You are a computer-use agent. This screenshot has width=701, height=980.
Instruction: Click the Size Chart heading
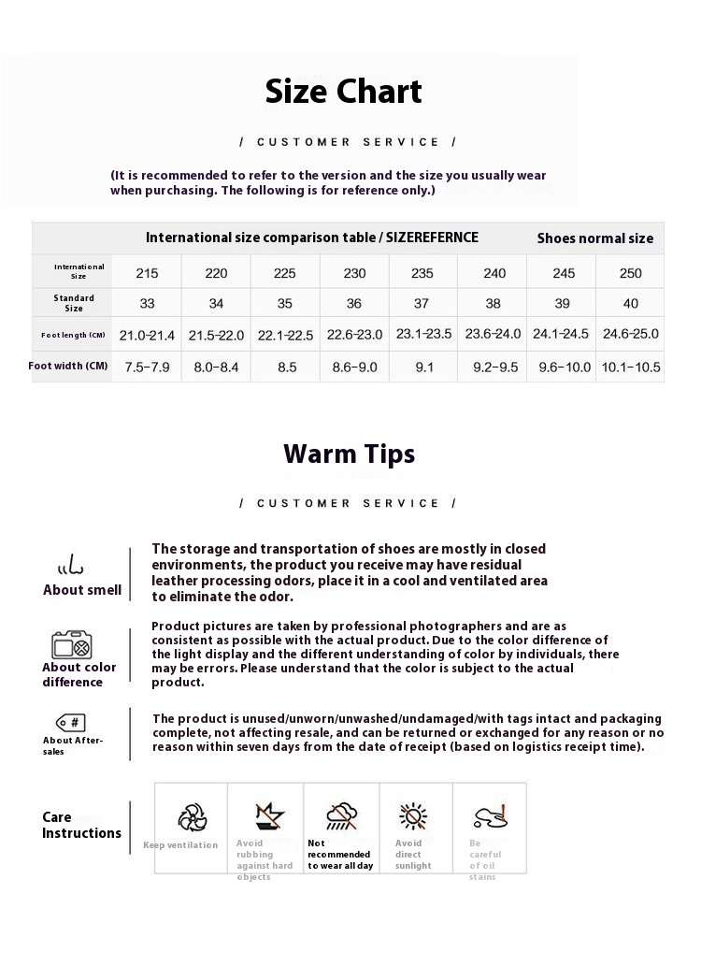tap(344, 92)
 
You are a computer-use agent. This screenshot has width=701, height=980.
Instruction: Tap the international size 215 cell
tap(147, 273)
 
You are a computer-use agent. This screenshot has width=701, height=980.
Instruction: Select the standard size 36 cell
tap(354, 304)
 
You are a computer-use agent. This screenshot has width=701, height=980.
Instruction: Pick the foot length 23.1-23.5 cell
tap(423, 334)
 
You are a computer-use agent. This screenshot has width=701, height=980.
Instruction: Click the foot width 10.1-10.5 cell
tap(632, 367)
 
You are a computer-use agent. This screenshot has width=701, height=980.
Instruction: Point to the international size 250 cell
tap(632, 273)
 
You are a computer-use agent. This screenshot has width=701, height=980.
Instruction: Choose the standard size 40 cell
tap(632, 304)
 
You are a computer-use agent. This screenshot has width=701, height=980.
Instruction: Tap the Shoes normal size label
tap(594, 238)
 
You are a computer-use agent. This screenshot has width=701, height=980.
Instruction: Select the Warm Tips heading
tap(349, 454)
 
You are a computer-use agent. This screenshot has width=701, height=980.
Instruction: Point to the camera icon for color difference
tap(71, 645)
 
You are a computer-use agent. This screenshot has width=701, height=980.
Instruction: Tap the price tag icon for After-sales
tap(71, 722)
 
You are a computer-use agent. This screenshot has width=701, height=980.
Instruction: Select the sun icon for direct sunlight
tap(412, 816)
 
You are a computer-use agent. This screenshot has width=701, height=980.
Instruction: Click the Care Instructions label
tap(81, 826)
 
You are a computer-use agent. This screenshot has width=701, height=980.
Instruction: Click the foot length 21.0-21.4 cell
tap(147, 334)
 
